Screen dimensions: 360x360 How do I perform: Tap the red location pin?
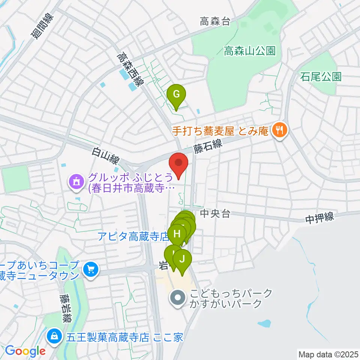coord(179,164)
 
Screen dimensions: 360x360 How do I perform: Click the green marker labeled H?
coord(177,234)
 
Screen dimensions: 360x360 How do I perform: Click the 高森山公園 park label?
coord(250,51)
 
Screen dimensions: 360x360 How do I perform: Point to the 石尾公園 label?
coord(321,77)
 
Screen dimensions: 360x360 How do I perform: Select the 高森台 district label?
coord(214,22)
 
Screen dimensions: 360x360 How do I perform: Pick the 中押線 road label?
coord(319,218)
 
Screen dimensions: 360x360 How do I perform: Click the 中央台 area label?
coord(215,214)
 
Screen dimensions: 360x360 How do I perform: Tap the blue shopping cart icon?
coord(90,269)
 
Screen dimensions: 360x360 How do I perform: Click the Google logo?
coord(25,351)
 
